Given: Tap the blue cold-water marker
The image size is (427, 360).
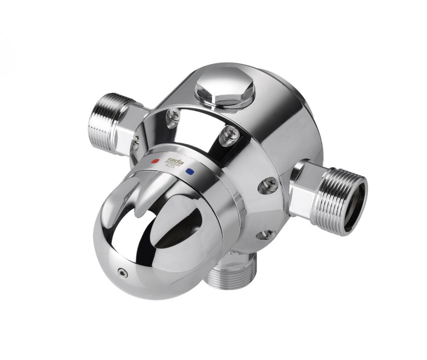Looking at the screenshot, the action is pos(189,172).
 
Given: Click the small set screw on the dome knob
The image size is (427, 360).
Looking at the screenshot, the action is pos(121,271).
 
